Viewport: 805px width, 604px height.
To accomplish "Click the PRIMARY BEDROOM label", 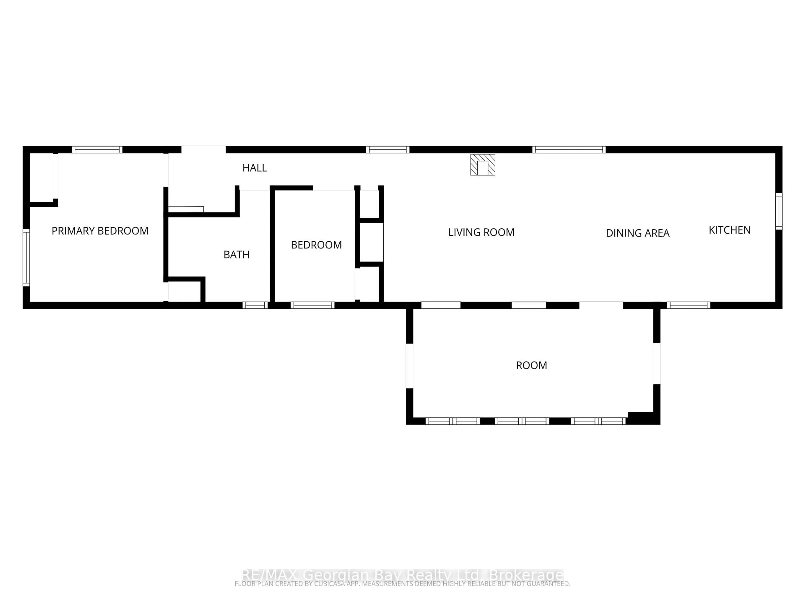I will point(100,231).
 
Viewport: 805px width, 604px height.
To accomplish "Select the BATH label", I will point(236,254).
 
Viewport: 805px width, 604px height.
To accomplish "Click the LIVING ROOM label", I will point(481,232).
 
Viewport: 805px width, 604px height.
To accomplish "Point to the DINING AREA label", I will point(638,233).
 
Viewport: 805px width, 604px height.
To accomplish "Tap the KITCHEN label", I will point(729,230).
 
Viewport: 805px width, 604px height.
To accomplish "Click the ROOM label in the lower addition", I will point(531,365).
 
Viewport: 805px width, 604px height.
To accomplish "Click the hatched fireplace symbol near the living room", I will point(483,165).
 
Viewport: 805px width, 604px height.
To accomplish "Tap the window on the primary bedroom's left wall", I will point(26,257).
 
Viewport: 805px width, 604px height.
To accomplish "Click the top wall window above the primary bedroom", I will point(97,150).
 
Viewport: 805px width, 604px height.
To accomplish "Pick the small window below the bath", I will point(255,305).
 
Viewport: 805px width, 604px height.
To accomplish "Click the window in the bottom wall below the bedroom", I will point(312,305).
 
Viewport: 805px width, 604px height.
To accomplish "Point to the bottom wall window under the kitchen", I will point(688,305).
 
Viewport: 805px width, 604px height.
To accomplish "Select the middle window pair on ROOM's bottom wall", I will point(522,421).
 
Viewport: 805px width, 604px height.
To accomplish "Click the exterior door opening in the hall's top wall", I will point(203,150).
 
